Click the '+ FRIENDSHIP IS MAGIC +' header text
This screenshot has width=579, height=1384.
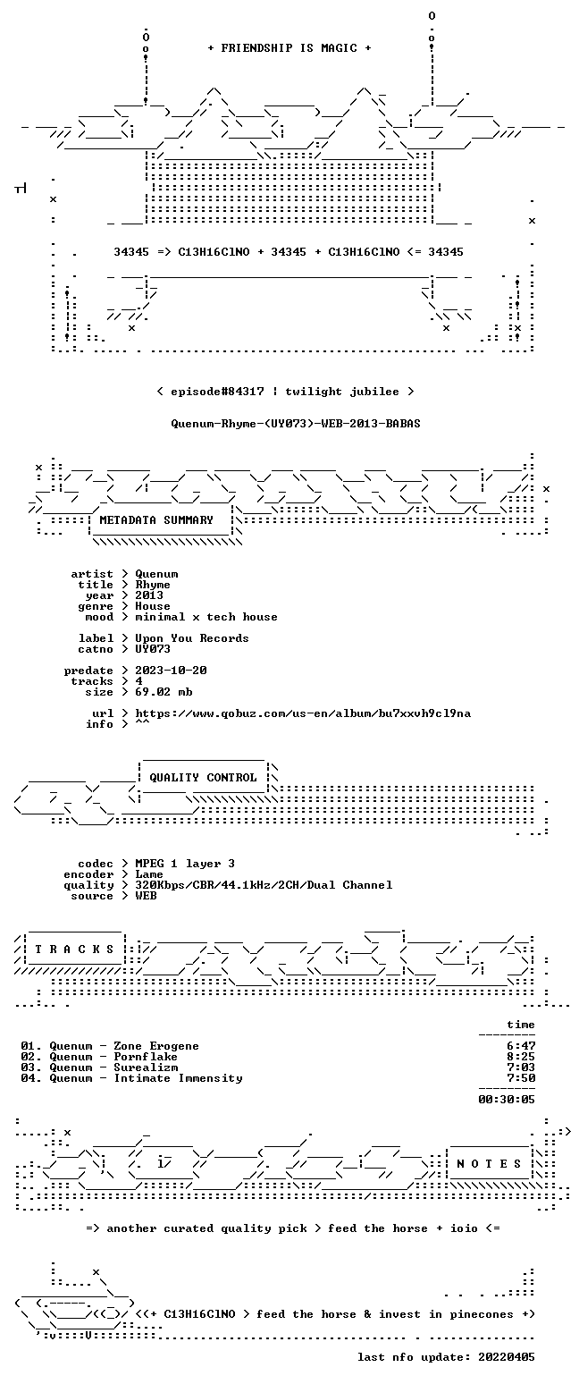(289, 48)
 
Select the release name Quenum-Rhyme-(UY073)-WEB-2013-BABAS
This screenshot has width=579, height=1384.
(296, 424)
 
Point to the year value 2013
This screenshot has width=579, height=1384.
(149, 595)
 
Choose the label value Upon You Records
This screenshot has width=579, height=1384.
(192, 638)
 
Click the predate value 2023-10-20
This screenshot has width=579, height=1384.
(171, 671)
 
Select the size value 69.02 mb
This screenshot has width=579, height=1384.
(164, 692)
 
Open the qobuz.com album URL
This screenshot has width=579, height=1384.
(303, 713)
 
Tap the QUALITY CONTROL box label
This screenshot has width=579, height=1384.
(203, 778)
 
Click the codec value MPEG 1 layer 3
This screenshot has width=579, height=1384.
(185, 864)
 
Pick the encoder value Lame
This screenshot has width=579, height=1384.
(149, 874)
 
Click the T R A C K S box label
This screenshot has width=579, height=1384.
(75, 949)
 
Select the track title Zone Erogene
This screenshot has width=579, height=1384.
(156, 1046)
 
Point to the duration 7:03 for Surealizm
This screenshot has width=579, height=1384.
(521, 1068)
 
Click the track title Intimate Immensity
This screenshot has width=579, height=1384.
(178, 1078)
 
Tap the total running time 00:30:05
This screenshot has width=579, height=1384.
(507, 1100)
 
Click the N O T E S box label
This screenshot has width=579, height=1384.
(489, 1164)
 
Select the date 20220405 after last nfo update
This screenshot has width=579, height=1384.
(507, 1357)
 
